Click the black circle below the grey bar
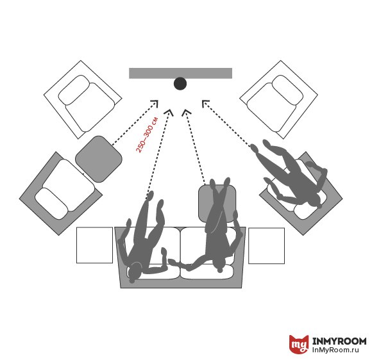180,84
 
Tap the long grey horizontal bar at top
180,73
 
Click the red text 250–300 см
147,135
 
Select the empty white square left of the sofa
94,245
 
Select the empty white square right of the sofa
266,246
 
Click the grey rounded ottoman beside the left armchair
99,159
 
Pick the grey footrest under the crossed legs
217,203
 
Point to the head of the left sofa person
135,271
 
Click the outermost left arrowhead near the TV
155,103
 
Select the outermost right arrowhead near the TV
205,103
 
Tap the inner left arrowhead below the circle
169,112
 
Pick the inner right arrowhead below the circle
186,112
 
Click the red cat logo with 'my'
299,344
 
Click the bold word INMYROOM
339,341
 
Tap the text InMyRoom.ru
335,350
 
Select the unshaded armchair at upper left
83,99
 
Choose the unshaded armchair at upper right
279,99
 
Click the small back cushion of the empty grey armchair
51,204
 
